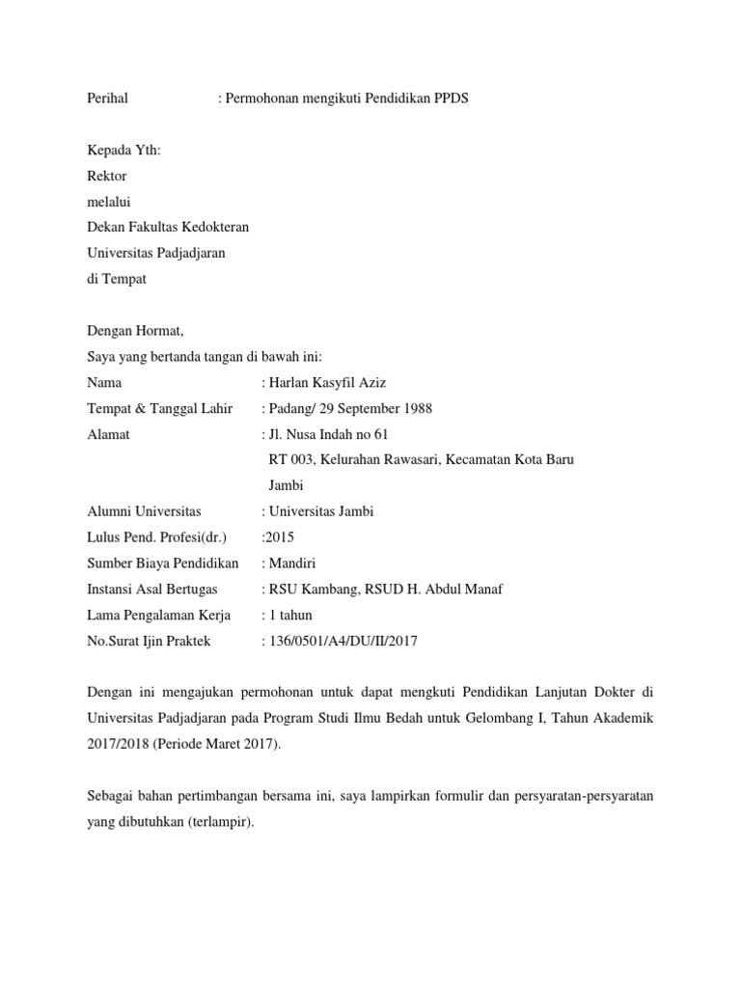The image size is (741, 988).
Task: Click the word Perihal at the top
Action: (x=107, y=99)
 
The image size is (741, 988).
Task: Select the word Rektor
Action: (x=106, y=176)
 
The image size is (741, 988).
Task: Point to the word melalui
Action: (x=108, y=202)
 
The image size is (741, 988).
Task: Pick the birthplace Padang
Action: (x=290, y=408)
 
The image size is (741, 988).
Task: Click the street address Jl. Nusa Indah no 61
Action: (x=328, y=434)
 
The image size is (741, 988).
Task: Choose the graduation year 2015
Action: (x=281, y=537)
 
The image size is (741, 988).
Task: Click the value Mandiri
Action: (x=292, y=563)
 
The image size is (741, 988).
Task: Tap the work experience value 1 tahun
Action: (x=290, y=615)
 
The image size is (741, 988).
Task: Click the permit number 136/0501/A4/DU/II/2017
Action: (x=343, y=640)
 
